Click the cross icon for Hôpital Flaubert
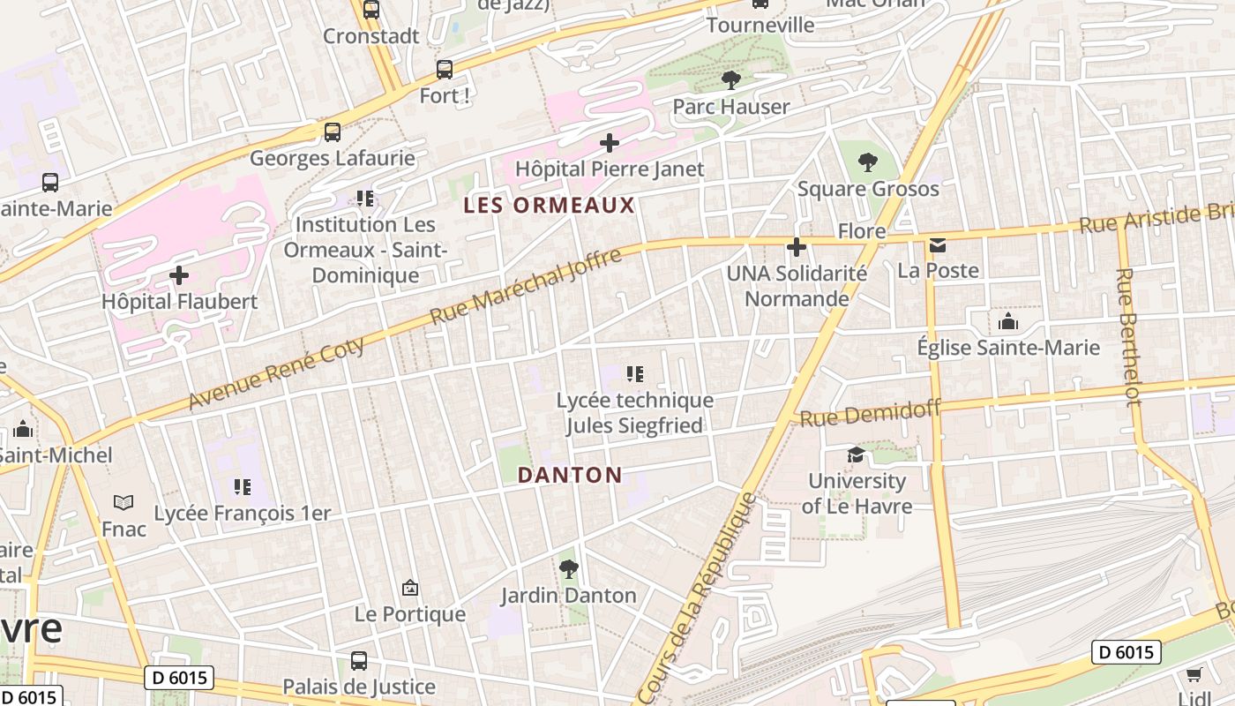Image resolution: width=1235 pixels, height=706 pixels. [179, 275]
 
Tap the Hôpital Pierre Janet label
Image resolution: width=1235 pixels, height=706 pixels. [609, 169]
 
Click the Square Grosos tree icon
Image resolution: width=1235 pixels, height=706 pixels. [868, 162]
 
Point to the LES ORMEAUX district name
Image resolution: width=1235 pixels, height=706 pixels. [550, 206]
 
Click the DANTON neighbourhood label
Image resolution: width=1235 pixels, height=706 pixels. [570, 475]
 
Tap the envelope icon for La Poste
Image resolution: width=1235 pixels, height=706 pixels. [937, 244]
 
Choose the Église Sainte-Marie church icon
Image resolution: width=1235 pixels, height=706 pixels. [1007, 322]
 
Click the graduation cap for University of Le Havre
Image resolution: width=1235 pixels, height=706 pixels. [856, 455]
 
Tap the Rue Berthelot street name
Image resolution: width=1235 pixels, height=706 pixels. [1126, 337]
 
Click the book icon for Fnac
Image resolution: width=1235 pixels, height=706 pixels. [123, 502]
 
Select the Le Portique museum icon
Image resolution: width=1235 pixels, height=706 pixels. [409, 588]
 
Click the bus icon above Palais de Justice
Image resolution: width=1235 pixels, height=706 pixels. [358, 660]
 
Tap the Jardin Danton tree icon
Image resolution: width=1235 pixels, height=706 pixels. [569, 569]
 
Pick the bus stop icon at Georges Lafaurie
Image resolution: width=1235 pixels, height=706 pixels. [332, 132]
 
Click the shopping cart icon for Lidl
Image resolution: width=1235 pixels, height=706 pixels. [1194, 675]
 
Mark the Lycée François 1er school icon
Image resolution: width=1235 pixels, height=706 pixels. [242, 487]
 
